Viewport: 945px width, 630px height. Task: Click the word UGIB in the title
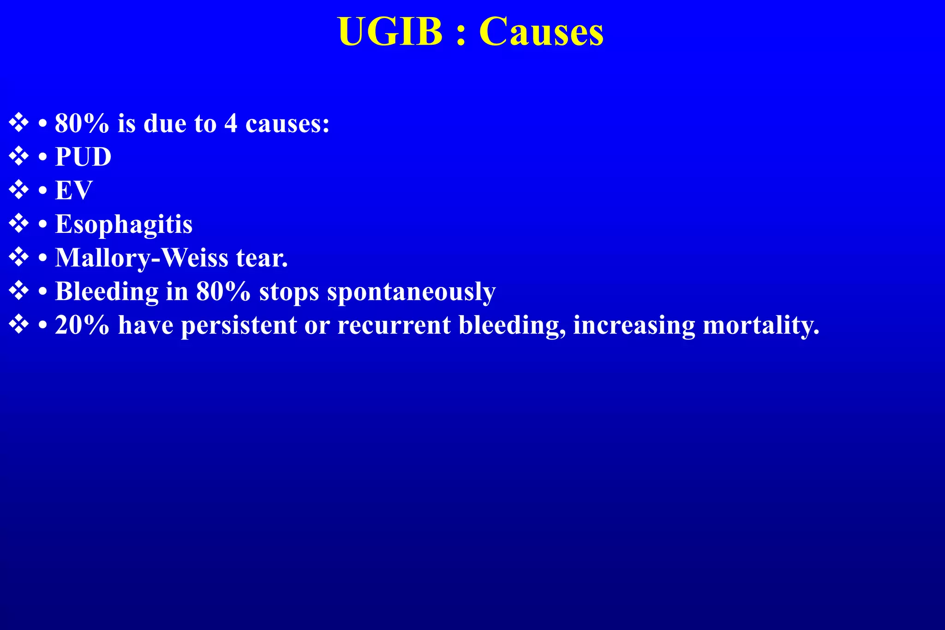pos(390,32)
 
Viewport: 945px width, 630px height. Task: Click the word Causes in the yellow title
pos(541,32)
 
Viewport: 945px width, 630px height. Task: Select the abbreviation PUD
pos(83,157)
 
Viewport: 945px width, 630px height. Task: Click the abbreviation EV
pos(73,190)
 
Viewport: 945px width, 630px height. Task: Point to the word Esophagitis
pos(124,224)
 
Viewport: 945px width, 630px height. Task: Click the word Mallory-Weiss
pos(141,258)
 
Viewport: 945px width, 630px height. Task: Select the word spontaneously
pos(411,292)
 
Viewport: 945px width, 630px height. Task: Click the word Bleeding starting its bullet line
pos(107,292)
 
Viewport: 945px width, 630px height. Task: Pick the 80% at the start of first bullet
pos(82,124)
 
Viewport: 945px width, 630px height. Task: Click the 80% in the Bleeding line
pos(223,291)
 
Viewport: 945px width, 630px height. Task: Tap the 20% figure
pos(82,325)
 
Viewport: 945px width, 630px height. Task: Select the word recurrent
pos(394,325)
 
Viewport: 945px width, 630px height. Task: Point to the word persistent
pos(239,325)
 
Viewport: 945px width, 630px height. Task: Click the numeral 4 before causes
pos(231,124)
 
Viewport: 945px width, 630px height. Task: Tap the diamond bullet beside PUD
pos(18,156)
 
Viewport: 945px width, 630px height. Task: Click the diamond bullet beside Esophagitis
pos(18,224)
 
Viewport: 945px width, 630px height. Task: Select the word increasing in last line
pos(634,325)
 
